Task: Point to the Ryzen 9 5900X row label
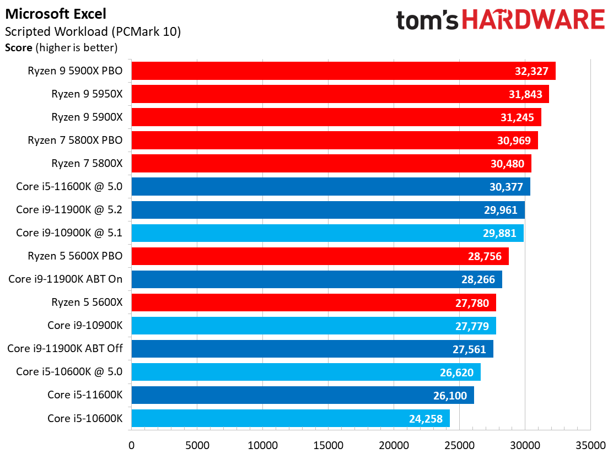87,117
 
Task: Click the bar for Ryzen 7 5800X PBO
334,140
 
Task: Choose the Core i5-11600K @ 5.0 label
69,186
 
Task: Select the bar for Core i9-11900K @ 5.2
328,210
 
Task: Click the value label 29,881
499,233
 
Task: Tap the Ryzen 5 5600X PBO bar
320,256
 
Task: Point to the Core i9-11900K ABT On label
66,279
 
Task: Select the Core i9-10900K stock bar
314,326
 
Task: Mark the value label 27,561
469,349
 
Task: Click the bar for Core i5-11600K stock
303,395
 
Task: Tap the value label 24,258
426,419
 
